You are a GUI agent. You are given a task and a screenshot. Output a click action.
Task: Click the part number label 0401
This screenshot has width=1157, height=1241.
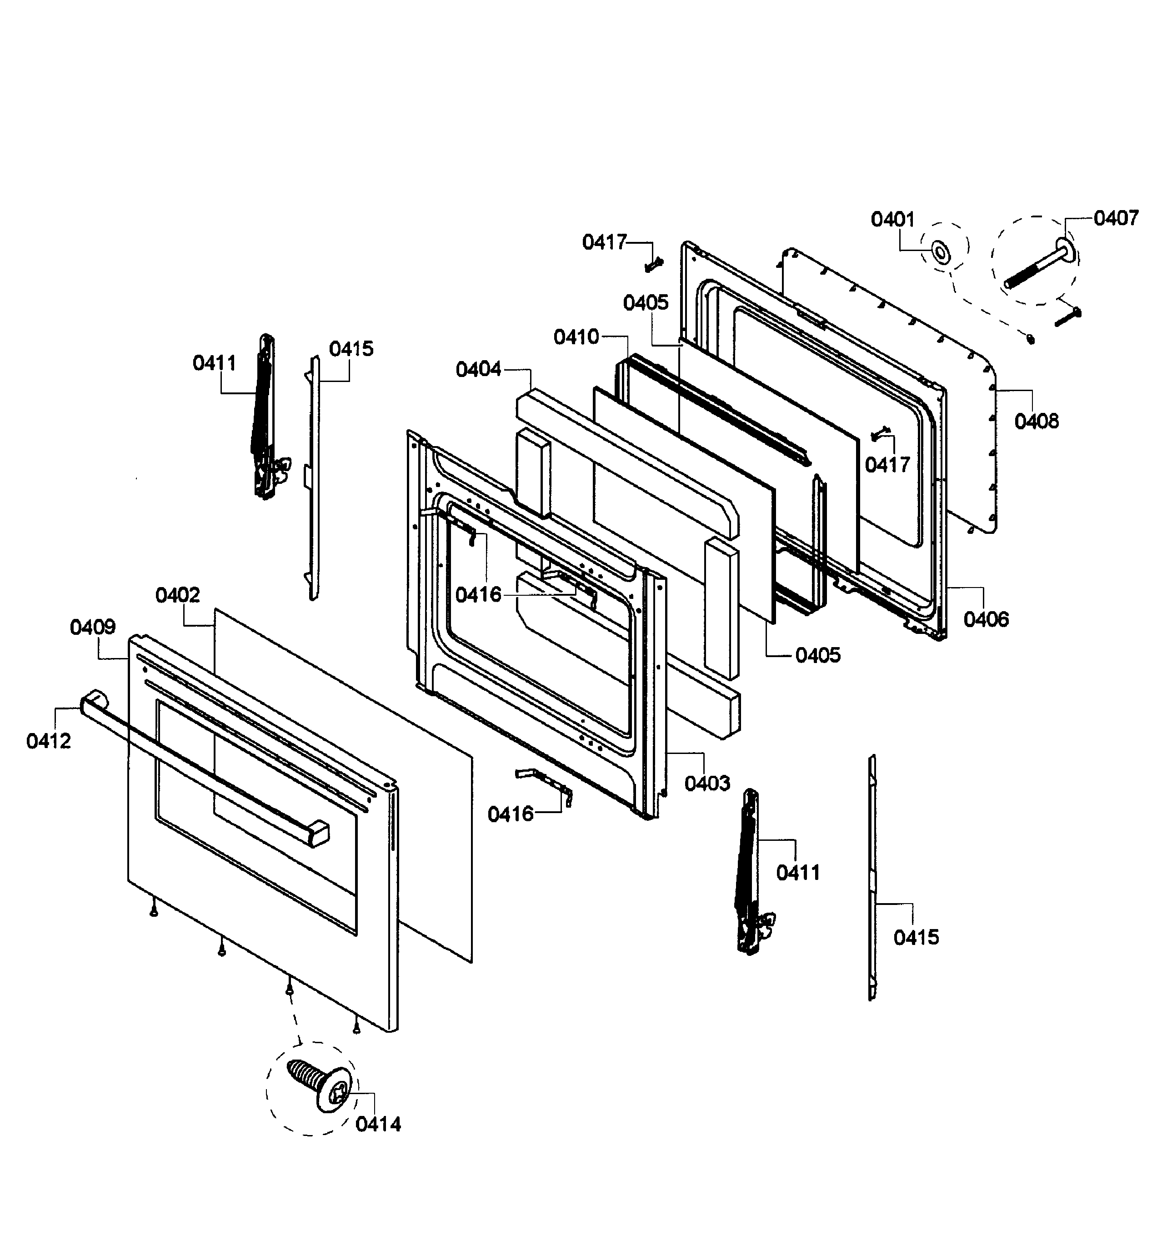pos(892,220)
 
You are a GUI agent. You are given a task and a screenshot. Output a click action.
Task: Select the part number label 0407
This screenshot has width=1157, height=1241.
pos(1116,218)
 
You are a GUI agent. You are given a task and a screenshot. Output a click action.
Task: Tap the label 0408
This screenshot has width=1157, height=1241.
pos(1037,422)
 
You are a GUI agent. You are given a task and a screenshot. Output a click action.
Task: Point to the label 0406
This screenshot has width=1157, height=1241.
pos(986,619)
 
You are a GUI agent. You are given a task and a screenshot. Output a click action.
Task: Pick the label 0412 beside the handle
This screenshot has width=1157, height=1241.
pos(49,741)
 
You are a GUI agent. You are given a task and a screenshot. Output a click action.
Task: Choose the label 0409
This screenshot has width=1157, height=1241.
pos(92,627)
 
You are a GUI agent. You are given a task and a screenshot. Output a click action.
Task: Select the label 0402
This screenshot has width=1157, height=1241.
pos(178,595)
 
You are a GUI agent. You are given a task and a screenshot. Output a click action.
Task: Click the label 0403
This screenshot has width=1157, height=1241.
pos(707,783)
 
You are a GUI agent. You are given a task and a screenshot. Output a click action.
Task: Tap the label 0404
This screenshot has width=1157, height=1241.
pos(478,370)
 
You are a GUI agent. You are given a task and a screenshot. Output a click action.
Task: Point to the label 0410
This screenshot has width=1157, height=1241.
pos(576,337)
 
